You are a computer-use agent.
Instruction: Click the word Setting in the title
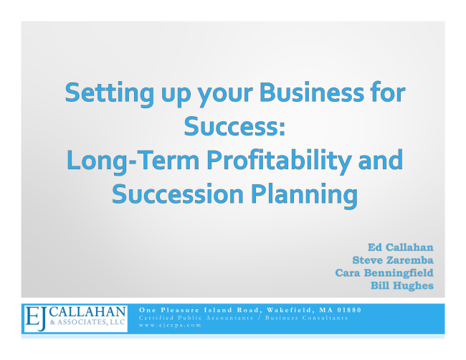coord(110,94)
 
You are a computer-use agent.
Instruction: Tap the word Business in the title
coord(312,92)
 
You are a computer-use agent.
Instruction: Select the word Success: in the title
coord(234,126)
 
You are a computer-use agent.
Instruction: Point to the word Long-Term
coord(133,161)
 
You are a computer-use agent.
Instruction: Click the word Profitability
coord(279,161)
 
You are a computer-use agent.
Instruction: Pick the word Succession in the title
coord(177,194)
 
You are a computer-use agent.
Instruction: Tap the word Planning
coord(304,196)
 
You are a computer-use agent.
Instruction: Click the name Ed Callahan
coord(400,247)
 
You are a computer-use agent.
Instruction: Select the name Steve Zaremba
coord(393,260)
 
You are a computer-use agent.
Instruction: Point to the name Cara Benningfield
coord(384,273)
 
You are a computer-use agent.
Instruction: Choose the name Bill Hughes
coord(401,285)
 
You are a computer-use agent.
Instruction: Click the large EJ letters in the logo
coord(36,318)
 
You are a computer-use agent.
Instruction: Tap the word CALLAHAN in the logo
coord(87,312)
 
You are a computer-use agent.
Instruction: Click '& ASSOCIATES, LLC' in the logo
coord(87,323)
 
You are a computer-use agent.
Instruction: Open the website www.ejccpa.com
coord(170,325)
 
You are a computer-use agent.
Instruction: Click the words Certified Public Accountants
coord(196,318)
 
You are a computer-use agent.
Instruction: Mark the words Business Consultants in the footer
coord(306,318)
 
